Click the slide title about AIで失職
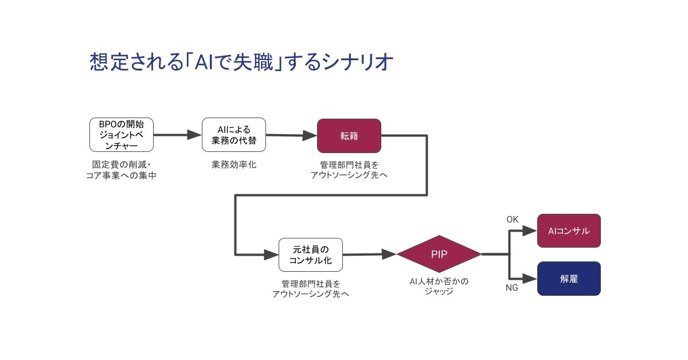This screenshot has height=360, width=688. (x=241, y=61)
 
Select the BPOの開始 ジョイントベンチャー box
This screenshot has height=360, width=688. (x=122, y=135)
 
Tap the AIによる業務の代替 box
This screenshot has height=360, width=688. (x=233, y=135)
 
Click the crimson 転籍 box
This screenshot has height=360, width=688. (x=349, y=135)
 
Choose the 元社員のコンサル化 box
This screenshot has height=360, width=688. (x=310, y=255)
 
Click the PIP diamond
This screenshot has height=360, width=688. (x=439, y=253)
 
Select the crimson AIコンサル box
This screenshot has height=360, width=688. (x=569, y=230)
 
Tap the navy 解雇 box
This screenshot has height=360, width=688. (x=569, y=279)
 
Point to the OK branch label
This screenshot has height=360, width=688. (x=513, y=220)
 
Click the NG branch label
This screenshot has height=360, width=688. (x=511, y=288)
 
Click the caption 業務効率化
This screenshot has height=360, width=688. (x=233, y=165)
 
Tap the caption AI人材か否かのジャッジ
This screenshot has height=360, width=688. (x=439, y=286)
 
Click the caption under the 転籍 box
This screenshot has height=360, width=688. (x=349, y=170)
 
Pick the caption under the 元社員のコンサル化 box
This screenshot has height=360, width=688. (x=310, y=289)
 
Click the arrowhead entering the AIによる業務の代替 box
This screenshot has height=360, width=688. (x=194, y=135)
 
